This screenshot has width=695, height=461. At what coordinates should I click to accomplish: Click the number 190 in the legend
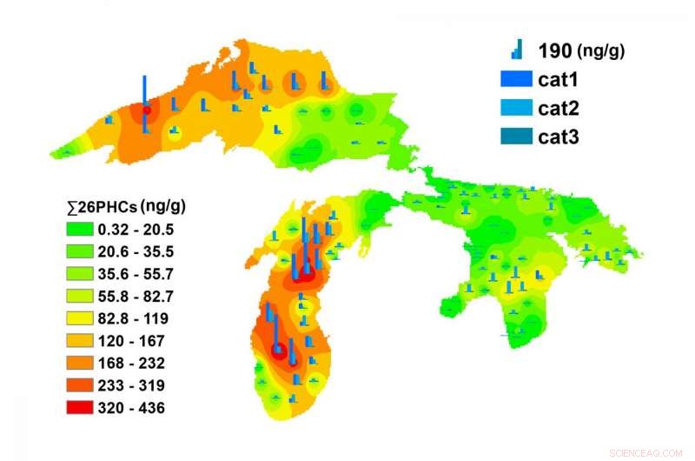pyautogui.click(x=554, y=51)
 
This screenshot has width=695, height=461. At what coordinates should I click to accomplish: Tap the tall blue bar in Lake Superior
pyautogui.click(x=145, y=102)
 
